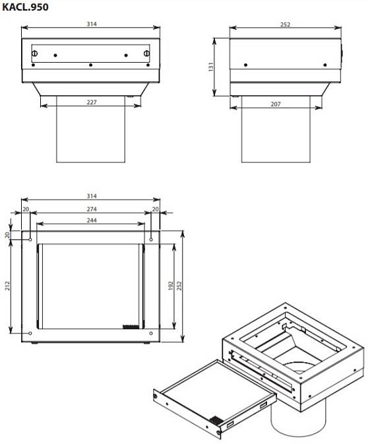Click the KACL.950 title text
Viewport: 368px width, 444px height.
[25, 7]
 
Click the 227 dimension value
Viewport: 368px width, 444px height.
[92, 102]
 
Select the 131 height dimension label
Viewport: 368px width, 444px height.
[211, 67]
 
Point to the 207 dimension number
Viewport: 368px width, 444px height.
[276, 104]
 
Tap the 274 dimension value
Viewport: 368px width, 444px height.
[92, 209]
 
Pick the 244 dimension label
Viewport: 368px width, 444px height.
[92, 220]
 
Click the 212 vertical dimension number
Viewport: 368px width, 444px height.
[7, 285]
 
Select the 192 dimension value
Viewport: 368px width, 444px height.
[170, 285]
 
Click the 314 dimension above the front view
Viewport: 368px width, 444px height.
[92, 24]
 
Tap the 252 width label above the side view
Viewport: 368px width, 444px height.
[285, 24]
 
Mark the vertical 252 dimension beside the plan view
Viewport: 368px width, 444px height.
[179, 285]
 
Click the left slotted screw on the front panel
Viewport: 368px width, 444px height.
[35, 53]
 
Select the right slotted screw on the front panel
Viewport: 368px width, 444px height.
[146, 53]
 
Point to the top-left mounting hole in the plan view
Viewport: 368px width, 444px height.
[30, 240]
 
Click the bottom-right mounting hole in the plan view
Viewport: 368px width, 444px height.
[151, 333]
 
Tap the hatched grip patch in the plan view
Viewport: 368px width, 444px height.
[131, 327]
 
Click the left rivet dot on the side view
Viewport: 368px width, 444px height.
[245, 65]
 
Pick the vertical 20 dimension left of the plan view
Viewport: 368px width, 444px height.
[7, 235]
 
